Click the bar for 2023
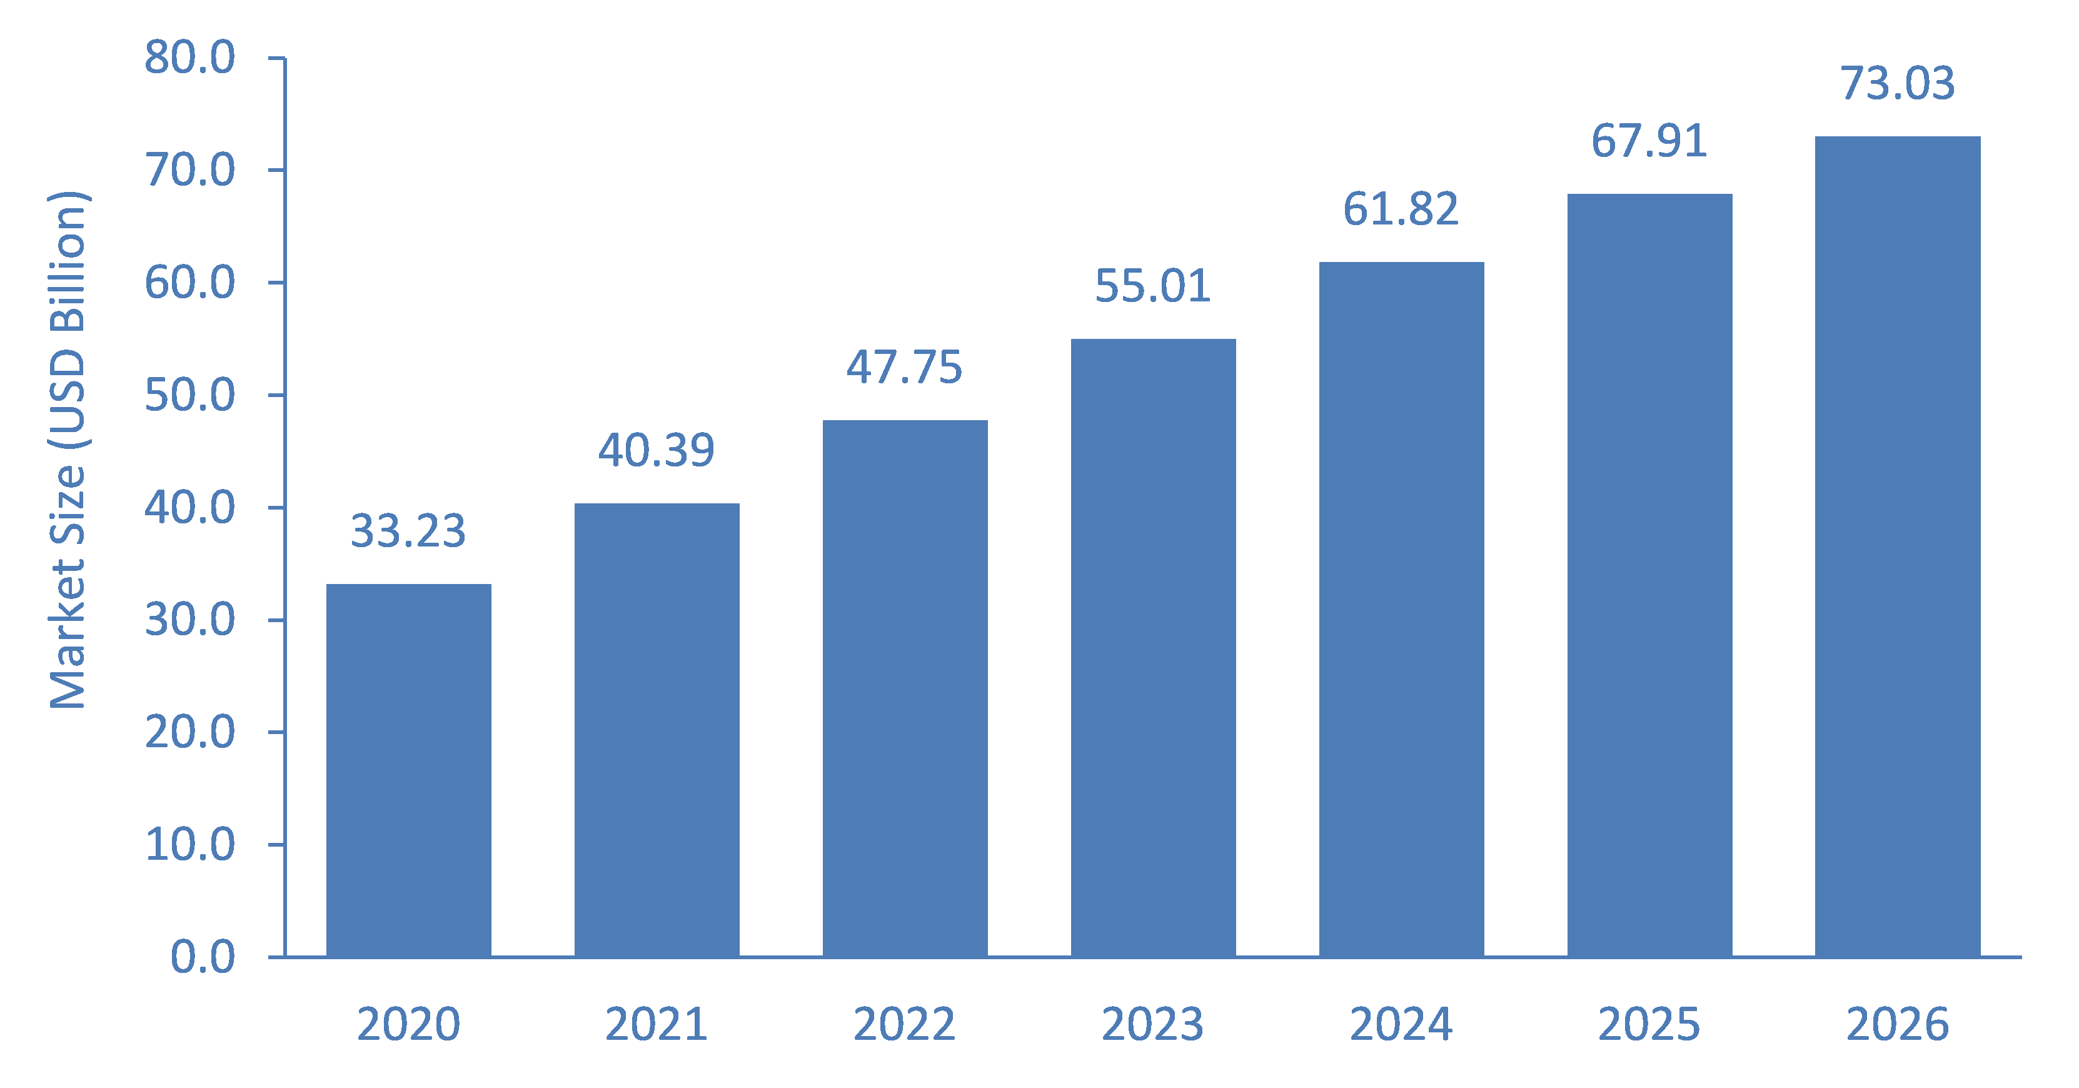pyautogui.click(x=1153, y=648)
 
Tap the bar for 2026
pyautogui.click(x=1898, y=547)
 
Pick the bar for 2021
pyautogui.click(x=657, y=730)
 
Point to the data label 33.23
pyautogui.click(x=408, y=531)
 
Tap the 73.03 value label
pyautogui.click(x=1898, y=83)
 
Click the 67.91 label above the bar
pyautogui.click(x=1649, y=141)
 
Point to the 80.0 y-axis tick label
pyautogui.click(x=189, y=58)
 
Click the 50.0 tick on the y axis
pyautogui.click(x=189, y=395)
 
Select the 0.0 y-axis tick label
pyautogui.click(x=203, y=957)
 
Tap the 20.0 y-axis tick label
pyautogui.click(x=189, y=732)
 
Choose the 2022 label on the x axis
pyautogui.click(x=905, y=1024)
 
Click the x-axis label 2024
pyautogui.click(x=1401, y=1024)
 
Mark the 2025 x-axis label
pyautogui.click(x=1649, y=1024)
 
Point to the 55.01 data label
pyautogui.click(x=1153, y=286)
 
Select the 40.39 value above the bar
pyautogui.click(x=657, y=450)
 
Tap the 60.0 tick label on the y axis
pyautogui.click(x=189, y=283)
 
